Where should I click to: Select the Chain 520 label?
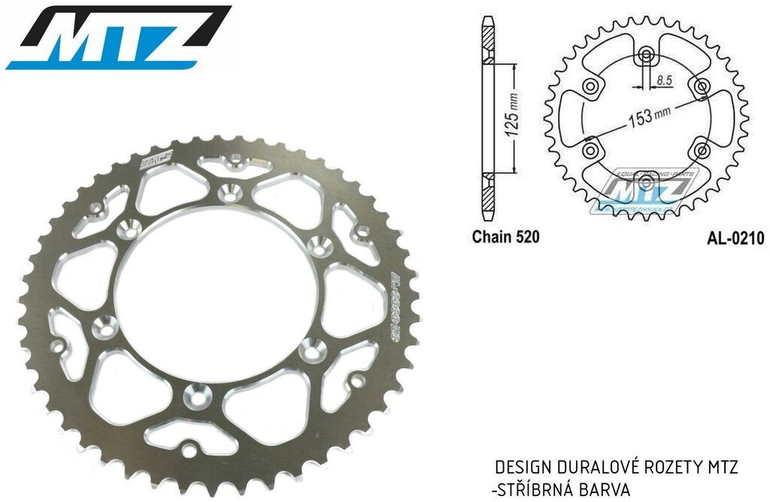point(505,238)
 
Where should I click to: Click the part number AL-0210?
point(735,238)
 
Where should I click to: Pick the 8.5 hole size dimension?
point(665,78)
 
